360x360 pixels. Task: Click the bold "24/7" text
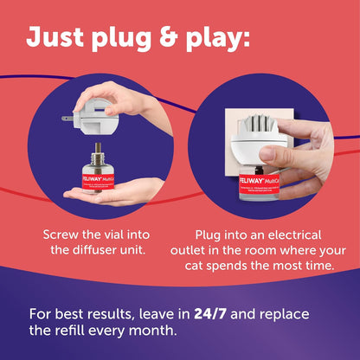[x=207, y=313]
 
